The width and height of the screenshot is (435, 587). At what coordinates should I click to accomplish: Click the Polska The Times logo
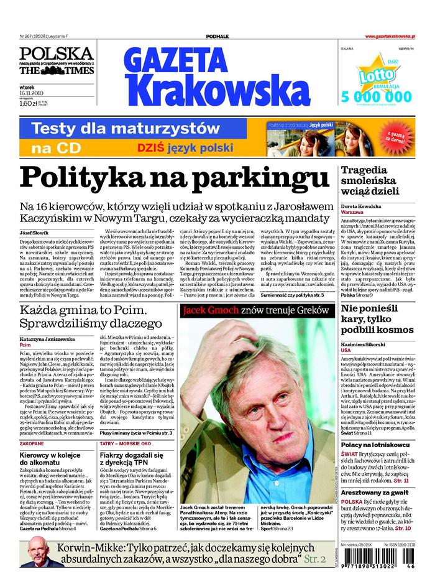[56, 62]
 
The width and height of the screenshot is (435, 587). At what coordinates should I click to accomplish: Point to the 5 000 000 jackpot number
[377, 96]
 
